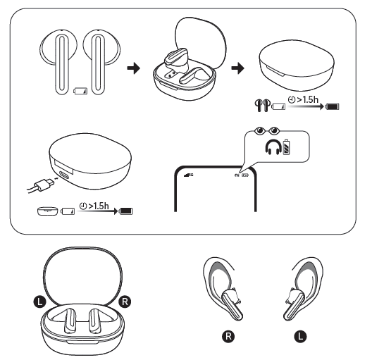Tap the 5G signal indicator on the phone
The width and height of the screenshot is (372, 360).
click(x=187, y=174)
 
